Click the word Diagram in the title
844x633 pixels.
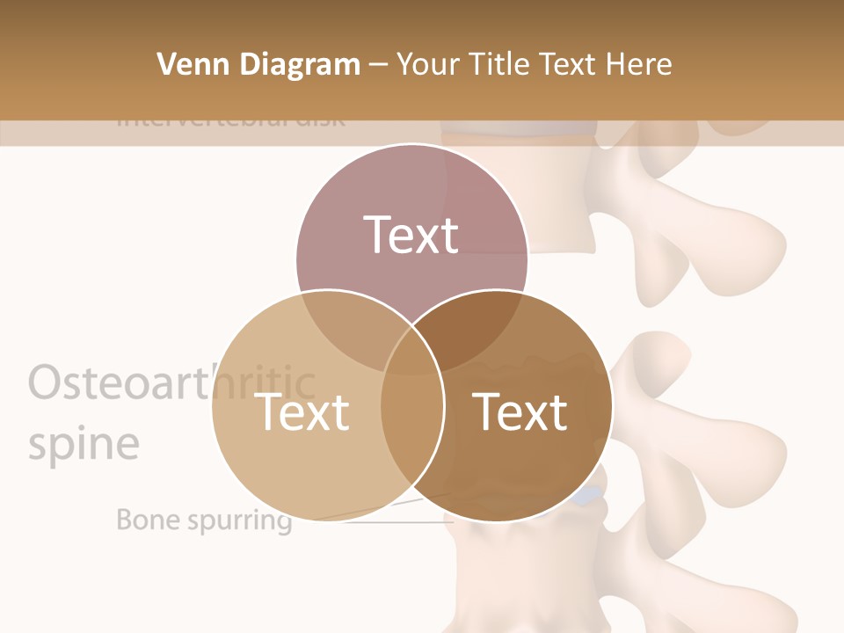(x=300, y=64)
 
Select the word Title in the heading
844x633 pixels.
(x=498, y=64)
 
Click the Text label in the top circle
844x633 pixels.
(x=411, y=235)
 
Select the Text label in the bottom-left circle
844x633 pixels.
(x=302, y=411)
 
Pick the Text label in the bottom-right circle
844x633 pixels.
(x=520, y=411)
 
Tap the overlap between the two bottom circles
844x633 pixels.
(x=411, y=422)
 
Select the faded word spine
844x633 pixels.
(x=84, y=443)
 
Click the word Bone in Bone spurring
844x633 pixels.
(x=148, y=520)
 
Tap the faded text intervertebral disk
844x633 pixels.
(x=230, y=120)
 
